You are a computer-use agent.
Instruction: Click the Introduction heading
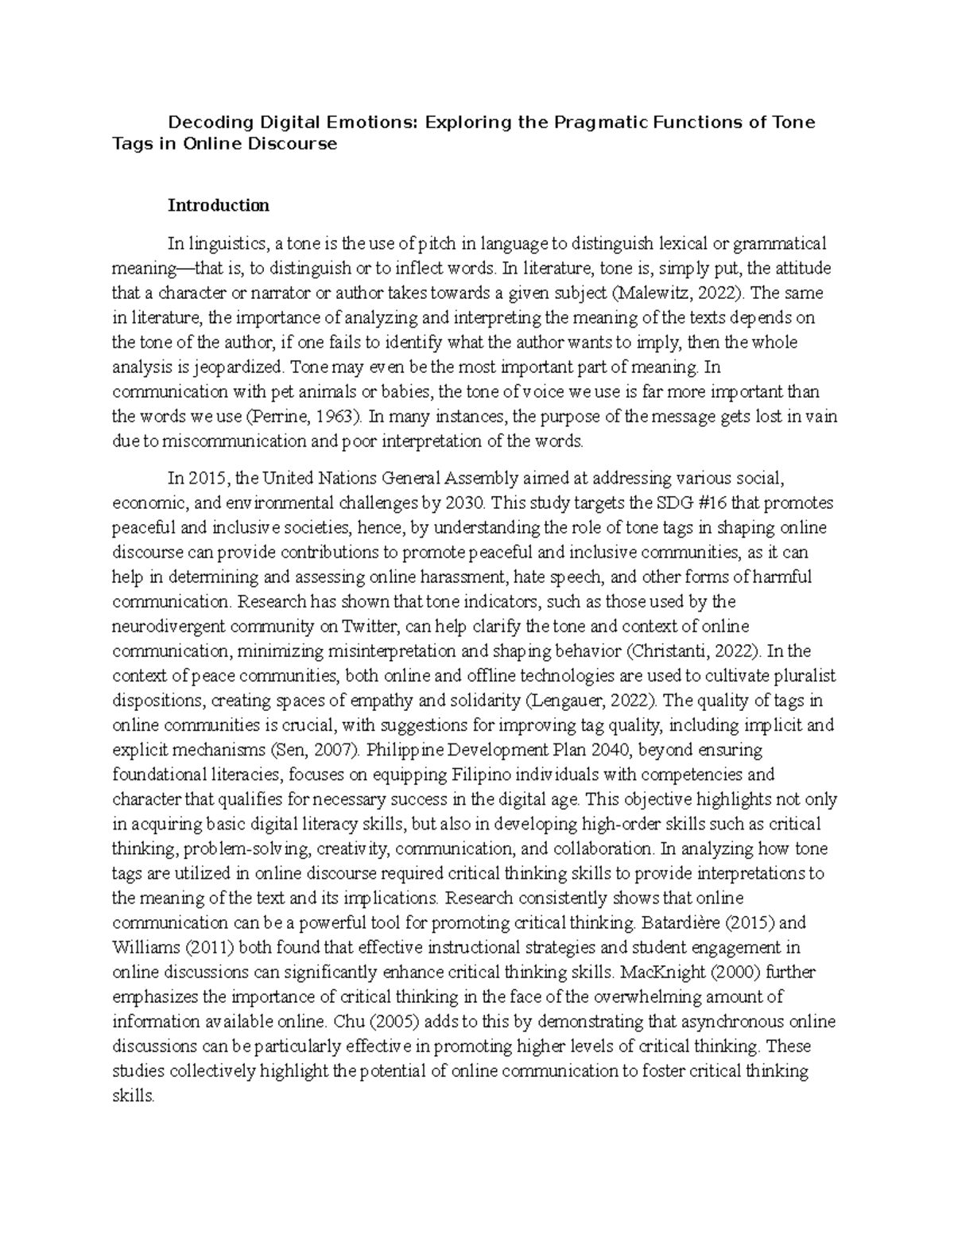point(218,205)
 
